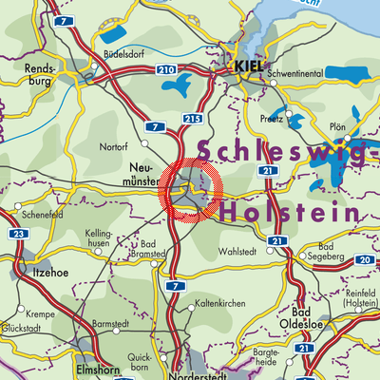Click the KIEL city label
click(x=250, y=67)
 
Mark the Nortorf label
click(x=116, y=146)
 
